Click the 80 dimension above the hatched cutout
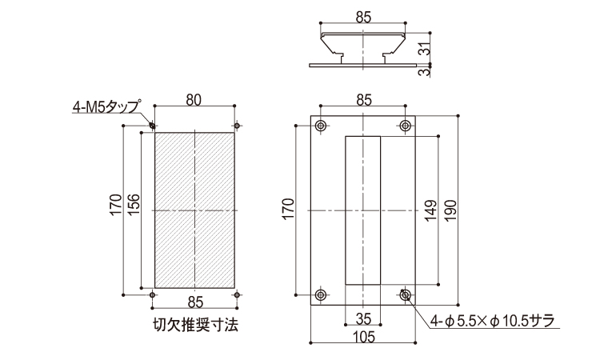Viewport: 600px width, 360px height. (194, 100)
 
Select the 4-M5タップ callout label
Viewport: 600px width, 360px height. (107, 106)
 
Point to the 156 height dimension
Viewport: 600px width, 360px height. (134, 204)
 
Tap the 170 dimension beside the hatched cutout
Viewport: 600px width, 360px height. (116, 205)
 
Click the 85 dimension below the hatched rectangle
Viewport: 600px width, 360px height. (195, 302)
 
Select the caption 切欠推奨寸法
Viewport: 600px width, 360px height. (195, 325)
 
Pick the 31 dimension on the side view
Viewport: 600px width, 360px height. (424, 48)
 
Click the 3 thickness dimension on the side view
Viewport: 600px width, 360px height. (424, 71)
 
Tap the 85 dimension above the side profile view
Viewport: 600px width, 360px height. (363, 18)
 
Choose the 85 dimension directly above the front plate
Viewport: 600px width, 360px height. (363, 100)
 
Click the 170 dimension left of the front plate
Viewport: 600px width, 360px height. (289, 209)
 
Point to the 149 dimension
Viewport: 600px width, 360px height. (430, 210)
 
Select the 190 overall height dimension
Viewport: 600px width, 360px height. (450, 210)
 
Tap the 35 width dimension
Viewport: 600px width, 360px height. (363, 318)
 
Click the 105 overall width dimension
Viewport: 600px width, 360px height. (363, 337)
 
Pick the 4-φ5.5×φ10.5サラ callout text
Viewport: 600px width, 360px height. (493, 321)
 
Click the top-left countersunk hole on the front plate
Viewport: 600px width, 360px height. (321, 126)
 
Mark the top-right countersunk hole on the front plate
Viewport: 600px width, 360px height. (406, 126)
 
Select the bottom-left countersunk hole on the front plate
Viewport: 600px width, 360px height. (321, 294)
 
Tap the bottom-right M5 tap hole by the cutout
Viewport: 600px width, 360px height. (237, 294)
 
